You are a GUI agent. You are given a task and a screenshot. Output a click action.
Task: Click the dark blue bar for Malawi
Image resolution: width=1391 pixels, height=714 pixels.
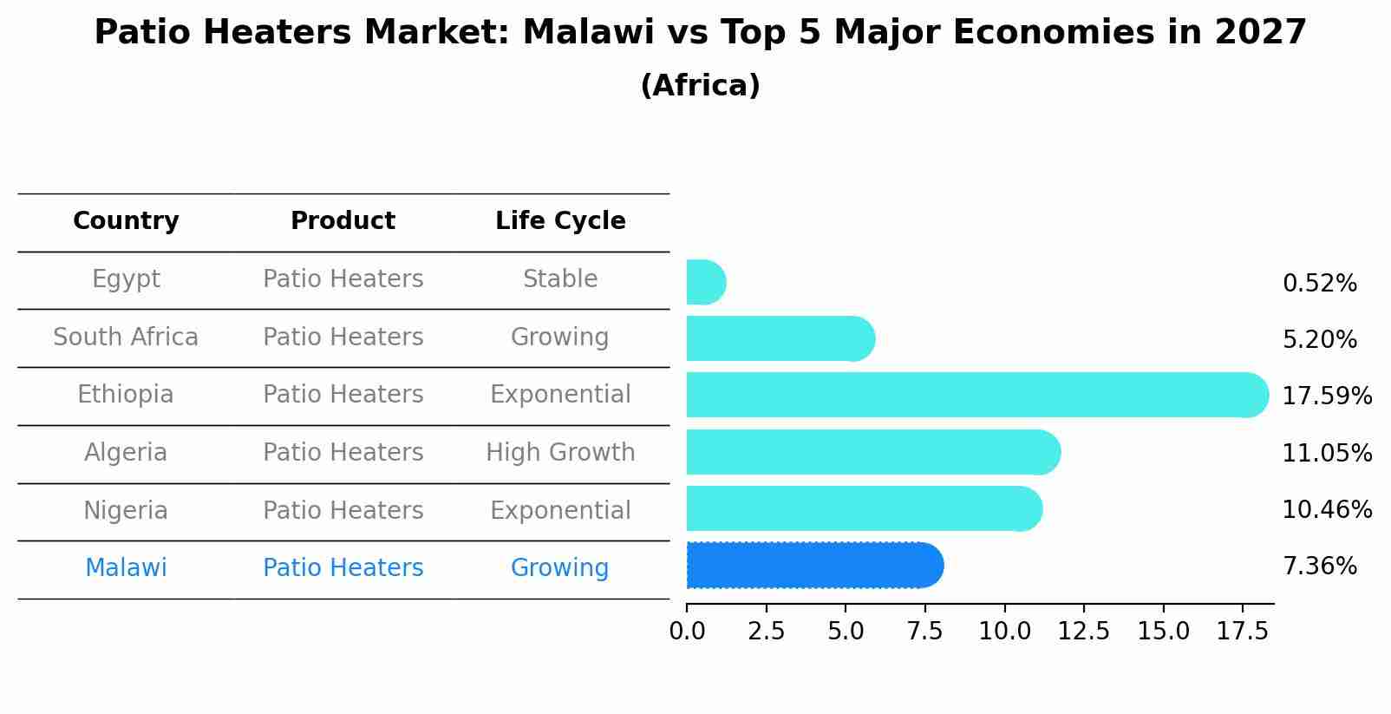click(x=813, y=566)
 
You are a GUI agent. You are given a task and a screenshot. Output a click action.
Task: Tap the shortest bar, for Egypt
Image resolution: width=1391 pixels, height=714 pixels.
click(x=705, y=282)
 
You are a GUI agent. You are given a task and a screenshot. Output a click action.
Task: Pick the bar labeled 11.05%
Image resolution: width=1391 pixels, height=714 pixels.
click(x=872, y=452)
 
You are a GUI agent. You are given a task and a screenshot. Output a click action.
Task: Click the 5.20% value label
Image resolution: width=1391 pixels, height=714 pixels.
click(x=1319, y=339)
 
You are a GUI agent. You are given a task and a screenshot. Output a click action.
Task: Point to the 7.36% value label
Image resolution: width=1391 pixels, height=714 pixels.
click(x=1319, y=567)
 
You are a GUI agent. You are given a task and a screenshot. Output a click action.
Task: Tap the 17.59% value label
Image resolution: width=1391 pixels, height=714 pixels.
click(x=1326, y=396)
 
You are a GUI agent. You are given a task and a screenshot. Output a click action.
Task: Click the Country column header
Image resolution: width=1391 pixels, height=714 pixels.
click(x=126, y=221)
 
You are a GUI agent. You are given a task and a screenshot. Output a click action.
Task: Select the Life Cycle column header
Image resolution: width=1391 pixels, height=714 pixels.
click(x=560, y=221)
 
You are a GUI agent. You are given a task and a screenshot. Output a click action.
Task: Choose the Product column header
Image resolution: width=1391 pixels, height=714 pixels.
click(x=343, y=221)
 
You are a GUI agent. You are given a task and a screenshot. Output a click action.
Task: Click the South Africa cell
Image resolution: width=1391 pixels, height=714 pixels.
click(x=126, y=337)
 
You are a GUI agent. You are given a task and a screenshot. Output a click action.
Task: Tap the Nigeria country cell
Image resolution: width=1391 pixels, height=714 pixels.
click(x=126, y=510)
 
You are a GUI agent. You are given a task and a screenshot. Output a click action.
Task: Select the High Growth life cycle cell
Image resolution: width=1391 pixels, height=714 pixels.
click(x=560, y=452)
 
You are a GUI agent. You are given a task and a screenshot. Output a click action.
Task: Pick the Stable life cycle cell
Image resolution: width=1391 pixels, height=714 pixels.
click(x=560, y=279)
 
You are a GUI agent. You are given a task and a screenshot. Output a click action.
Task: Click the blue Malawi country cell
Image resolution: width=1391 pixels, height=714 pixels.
click(x=126, y=568)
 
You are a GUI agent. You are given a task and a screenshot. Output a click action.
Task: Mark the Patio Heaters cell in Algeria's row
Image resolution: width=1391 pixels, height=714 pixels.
click(x=343, y=452)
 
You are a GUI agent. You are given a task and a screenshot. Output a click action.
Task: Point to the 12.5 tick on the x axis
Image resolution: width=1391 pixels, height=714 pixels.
click(x=1084, y=632)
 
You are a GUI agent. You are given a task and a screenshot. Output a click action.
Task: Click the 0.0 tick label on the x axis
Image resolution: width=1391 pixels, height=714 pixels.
click(x=687, y=632)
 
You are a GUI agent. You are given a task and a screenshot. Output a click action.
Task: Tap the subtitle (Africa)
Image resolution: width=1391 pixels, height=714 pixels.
click(x=700, y=86)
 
